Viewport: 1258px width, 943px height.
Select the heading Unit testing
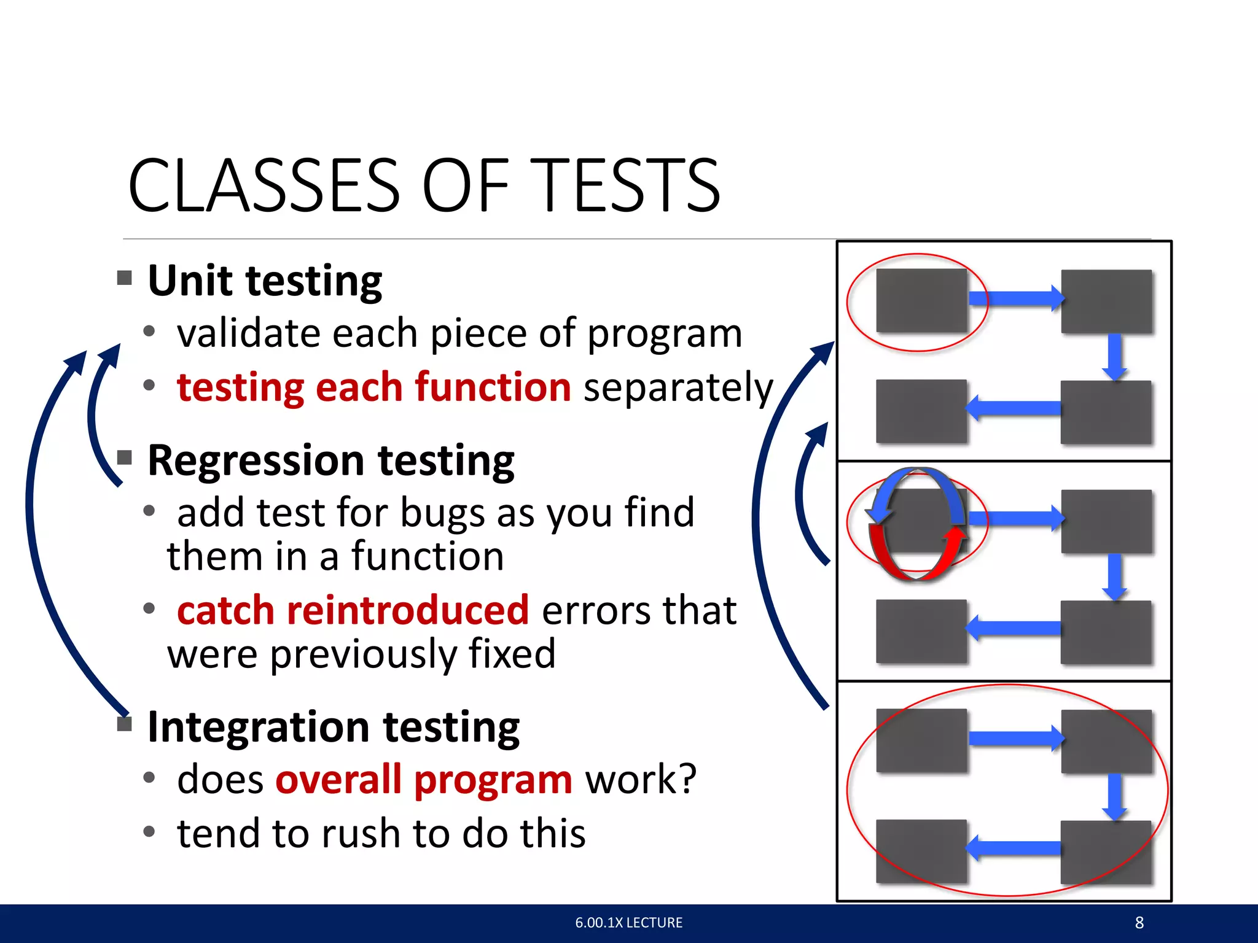tap(265, 281)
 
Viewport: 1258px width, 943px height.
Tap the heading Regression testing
tap(330, 461)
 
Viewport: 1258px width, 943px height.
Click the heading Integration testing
tap(334, 728)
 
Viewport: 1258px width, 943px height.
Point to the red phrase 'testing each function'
tap(373, 387)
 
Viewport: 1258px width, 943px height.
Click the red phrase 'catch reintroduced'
tap(353, 610)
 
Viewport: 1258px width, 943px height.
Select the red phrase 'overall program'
tap(424, 780)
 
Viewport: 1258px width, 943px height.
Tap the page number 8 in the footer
tap(1139, 923)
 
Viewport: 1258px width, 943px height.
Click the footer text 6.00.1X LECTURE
tap(628, 923)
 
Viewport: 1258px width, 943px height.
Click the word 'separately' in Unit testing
tap(678, 389)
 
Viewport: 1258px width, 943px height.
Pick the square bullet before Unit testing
tap(125, 278)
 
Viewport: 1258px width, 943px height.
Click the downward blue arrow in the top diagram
tap(1114, 356)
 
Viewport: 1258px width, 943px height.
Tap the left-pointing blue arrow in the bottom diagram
tap(1014, 848)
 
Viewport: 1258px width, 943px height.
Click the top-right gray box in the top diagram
tap(1106, 301)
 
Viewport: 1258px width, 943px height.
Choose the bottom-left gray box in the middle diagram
tap(921, 632)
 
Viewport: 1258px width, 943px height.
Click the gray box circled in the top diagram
tap(921, 301)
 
